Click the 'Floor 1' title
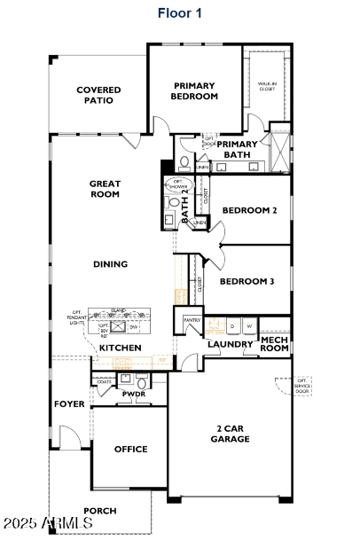coord(180,13)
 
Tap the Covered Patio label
coord(98,95)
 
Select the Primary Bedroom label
coord(194,90)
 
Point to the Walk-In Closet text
coord(266,86)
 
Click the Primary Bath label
coord(238,149)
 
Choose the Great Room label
coord(105,189)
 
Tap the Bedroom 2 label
coord(249,210)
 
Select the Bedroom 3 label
coord(247,281)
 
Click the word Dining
coord(110,263)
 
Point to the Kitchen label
coord(120,348)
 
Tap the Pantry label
coord(192,320)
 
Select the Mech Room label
coord(275,343)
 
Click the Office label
coord(130,449)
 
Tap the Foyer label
coord(69,403)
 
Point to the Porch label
coord(99,511)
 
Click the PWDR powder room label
coord(133,394)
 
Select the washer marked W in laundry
coord(249,325)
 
